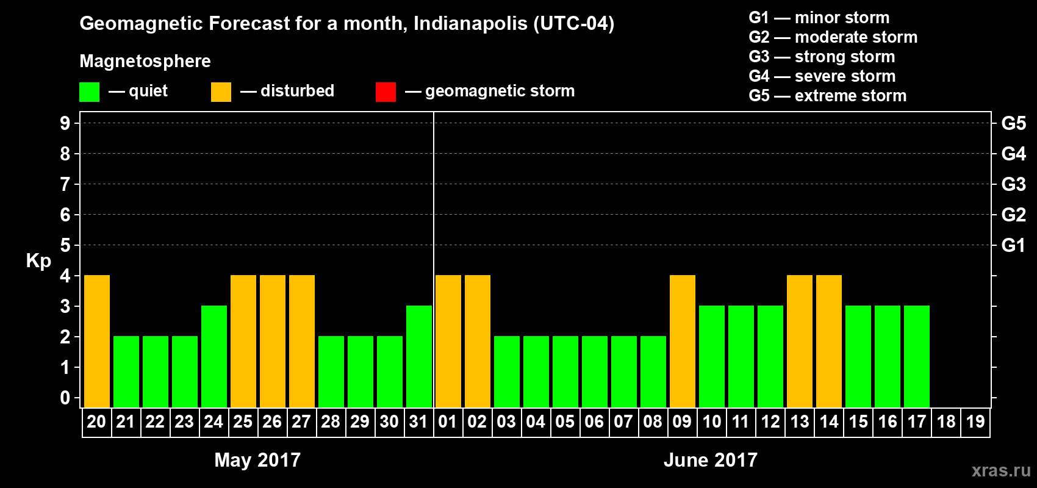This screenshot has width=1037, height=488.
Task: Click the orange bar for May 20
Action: point(97,341)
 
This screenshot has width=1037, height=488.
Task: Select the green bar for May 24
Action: point(214,356)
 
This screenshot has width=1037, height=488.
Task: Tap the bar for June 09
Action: point(683,341)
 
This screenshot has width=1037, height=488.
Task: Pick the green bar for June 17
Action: point(917,356)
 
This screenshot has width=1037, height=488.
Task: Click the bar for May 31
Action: point(419,356)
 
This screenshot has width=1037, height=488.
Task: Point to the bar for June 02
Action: point(478,341)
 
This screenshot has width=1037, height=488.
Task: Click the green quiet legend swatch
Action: point(90,92)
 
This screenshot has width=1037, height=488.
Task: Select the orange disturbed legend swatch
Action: point(221,92)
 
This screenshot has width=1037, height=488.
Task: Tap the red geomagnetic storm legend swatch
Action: point(386,92)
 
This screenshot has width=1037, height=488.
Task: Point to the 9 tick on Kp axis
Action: point(65,123)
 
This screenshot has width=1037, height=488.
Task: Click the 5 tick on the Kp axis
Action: point(65,245)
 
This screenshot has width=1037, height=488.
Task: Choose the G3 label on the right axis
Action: point(1013,184)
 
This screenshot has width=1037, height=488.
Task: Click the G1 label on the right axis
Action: point(1013,245)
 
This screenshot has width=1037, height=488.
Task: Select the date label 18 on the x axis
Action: point(946,422)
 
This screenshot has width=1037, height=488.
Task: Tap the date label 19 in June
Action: point(975,422)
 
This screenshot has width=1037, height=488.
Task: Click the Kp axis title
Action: point(38,260)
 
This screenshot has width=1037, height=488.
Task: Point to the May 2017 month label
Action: point(257,460)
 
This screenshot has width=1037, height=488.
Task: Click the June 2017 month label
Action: point(711,460)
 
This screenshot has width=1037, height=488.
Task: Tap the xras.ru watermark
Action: point(1001,470)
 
